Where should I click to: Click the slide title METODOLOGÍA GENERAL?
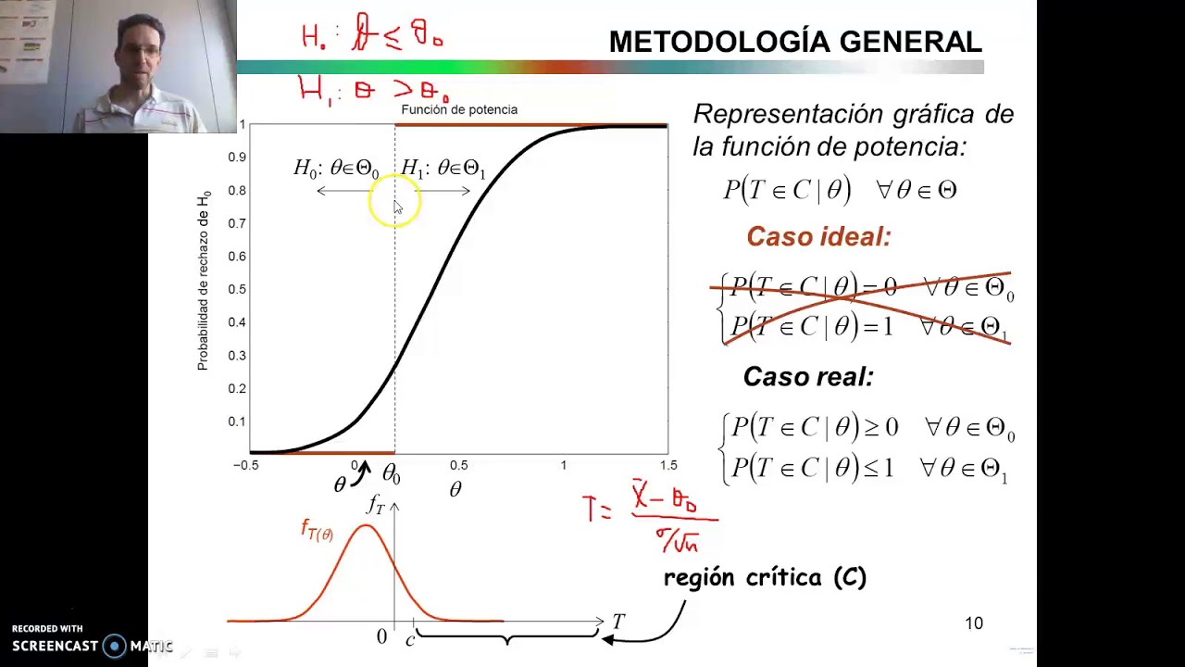pyautogui.click(x=794, y=42)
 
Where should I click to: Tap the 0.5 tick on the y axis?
pyautogui.click(x=237, y=289)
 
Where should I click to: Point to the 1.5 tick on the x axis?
pyautogui.click(x=668, y=465)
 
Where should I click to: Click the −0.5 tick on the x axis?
pyautogui.click(x=246, y=465)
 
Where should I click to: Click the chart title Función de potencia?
pyautogui.click(x=458, y=109)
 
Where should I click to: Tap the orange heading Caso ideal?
pyautogui.click(x=818, y=237)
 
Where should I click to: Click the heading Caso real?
pyautogui.click(x=807, y=377)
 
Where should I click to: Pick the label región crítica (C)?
pyautogui.click(x=765, y=577)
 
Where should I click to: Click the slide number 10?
pyautogui.click(x=974, y=623)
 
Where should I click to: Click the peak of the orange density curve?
pyautogui.click(x=367, y=526)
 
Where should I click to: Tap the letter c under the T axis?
pyautogui.click(x=410, y=639)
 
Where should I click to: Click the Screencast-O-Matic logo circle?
pyautogui.click(x=115, y=646)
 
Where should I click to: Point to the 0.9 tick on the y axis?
pyautogui.click(x=237, y=157)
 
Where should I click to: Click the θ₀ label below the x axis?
pyautogui.click(x=391, y=475)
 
